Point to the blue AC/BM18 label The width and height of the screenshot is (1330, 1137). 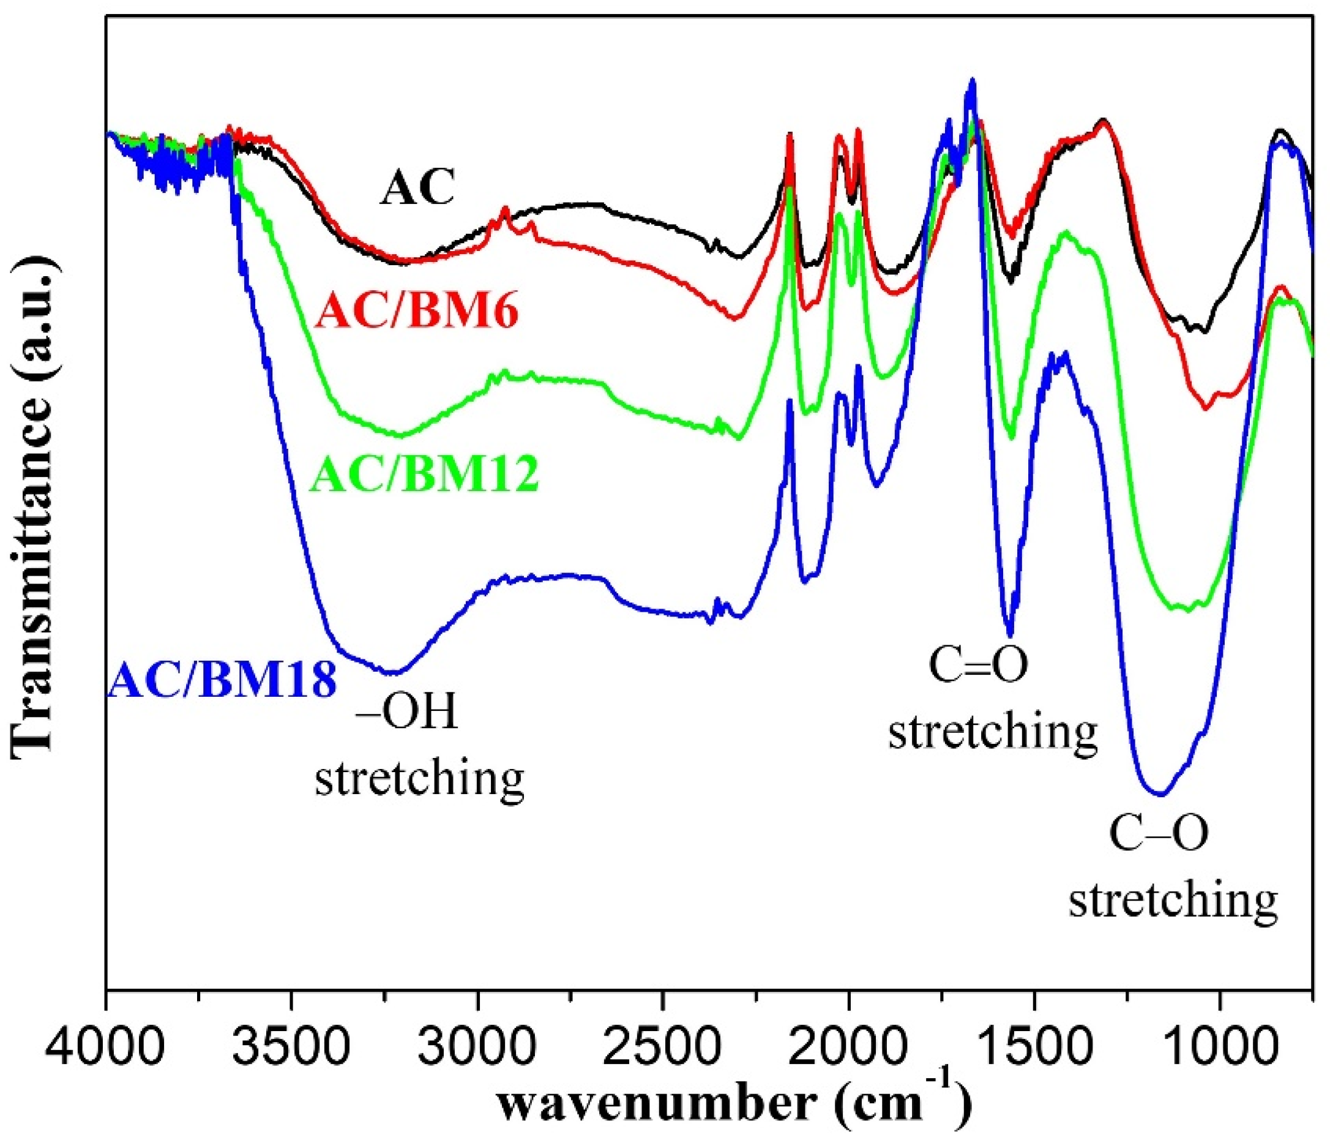coord(223,682)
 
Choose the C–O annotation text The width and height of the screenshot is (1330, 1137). coord(1159,833)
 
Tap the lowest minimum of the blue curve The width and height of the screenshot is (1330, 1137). coord(1160,794)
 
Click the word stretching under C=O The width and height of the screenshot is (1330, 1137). coord(992,732)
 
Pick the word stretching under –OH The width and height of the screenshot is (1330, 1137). coord(419,779)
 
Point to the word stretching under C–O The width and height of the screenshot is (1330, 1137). coord(1173,900)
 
